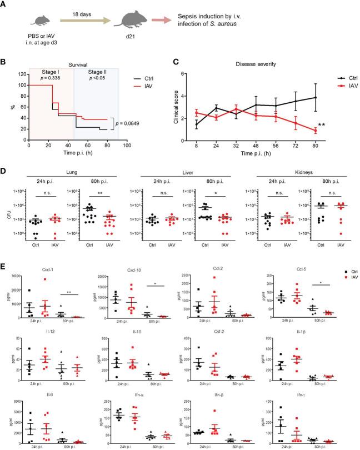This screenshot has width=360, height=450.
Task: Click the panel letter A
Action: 6,5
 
